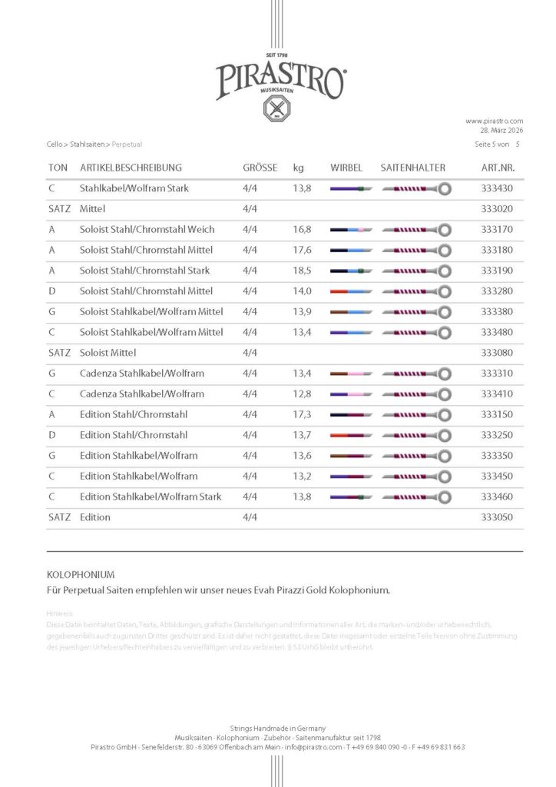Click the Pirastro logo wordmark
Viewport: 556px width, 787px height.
pos(280,80)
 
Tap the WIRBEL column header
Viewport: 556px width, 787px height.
pos(346,168)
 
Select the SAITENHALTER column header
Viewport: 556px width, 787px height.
pos(412,168)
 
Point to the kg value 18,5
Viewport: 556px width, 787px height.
pos(303,271)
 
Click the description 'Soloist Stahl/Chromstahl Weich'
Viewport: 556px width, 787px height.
pos(147,229)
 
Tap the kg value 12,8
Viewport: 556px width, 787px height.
pos(303,393)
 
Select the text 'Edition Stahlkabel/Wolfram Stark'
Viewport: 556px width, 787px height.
pos(151,496)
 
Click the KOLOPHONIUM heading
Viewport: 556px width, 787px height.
pos(80,574)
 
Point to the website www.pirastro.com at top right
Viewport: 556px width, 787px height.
pos(495,121)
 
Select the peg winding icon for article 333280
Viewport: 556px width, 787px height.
pos(351,291)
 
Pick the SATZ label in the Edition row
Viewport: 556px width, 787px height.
pos(59,517)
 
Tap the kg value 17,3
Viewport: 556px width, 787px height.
pos(303,414)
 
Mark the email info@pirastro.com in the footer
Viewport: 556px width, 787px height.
pos(308,747)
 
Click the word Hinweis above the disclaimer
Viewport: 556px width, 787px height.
pos(59,613)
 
